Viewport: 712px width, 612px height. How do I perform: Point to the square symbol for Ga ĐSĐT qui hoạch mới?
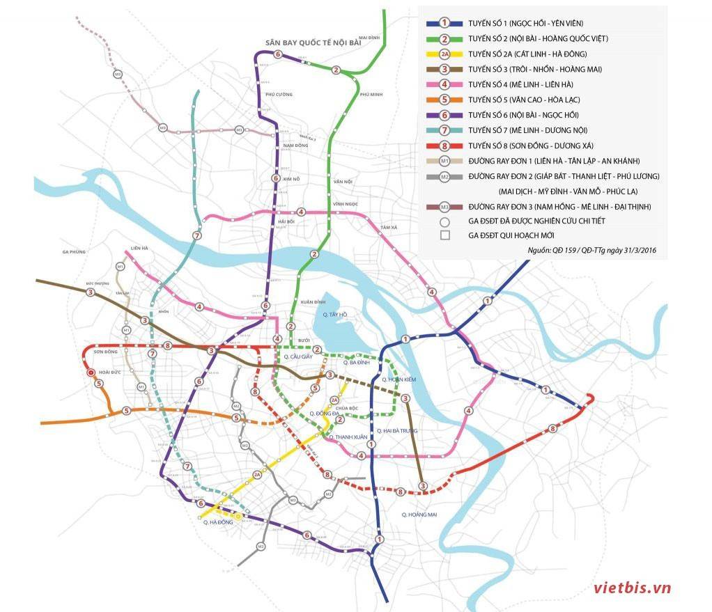pyautogui.click(x=444, y=235)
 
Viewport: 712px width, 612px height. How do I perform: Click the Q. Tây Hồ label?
pyautogui.click(x=334, y=315)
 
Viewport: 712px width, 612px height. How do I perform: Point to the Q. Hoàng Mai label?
pyautogui.click(x=419, y=514)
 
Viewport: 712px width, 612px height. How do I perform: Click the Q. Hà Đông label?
pyautogui.click(x=217, y=521)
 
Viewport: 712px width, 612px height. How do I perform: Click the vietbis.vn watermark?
pyautogui.click(x=632, y=588)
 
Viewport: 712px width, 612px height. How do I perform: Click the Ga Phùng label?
pyautogui.click(x=72, y=252)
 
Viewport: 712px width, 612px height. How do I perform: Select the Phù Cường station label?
pyautogui.click(x=279, y=93)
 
